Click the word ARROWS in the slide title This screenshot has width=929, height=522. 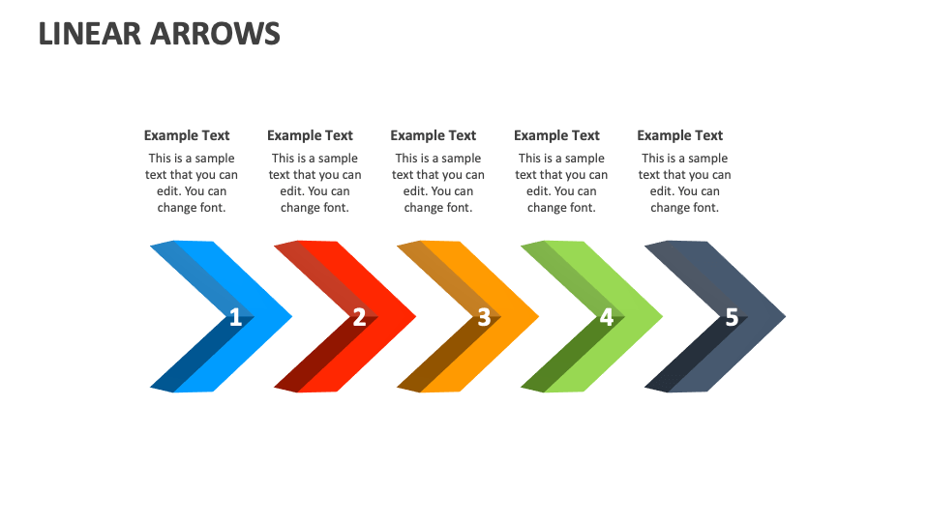coord(215,33)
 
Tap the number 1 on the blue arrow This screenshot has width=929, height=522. coord(235,316)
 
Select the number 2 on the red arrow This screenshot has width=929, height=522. coord(359,316)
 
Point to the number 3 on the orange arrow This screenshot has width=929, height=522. coord(483,316)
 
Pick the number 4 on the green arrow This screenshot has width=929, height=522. coord(607,316)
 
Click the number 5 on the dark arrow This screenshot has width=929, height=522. coord(732,316)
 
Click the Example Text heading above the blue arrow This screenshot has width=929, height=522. coord(187,135)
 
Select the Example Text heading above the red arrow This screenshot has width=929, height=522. coord(310,135)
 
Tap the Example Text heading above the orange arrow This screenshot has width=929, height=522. coord(434,135)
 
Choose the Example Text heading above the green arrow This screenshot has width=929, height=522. coord(556,135)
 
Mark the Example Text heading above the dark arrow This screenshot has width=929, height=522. coord(680,135)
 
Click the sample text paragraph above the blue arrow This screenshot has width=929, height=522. coord(192,183)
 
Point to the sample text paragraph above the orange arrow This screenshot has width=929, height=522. coord(438,183)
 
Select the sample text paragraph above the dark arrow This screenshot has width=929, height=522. coord(685,183)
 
